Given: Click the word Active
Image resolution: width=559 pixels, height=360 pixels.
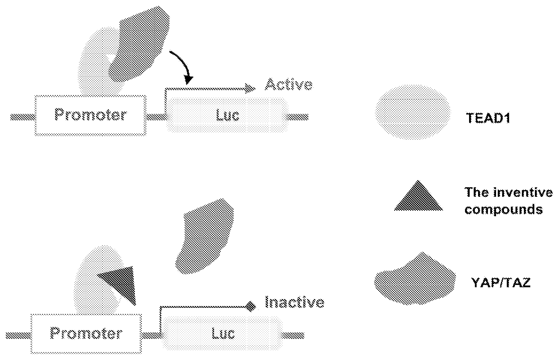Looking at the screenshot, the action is [289, 84].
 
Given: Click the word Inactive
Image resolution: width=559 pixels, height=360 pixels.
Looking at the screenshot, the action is [294, 302].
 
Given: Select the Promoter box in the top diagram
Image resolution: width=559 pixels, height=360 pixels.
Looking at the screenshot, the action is [90, 115].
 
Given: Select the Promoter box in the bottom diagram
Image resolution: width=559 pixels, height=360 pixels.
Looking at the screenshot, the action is [86, 334].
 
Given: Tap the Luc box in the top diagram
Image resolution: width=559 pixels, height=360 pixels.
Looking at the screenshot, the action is [227, 115].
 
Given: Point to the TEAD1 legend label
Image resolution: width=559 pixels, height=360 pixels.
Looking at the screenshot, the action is [488, 118].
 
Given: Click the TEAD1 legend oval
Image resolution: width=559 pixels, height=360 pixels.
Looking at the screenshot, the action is [413, 112].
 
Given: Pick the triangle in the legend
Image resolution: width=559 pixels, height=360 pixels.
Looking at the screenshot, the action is [418, 196].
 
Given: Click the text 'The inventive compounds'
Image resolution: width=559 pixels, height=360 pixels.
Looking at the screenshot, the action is [509, 200].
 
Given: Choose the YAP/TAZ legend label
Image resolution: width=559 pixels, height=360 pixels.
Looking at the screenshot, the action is [501, 283].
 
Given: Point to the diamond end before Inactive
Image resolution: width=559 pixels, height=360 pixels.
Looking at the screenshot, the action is [251, 306].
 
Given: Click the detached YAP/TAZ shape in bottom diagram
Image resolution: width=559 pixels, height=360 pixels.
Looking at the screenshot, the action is [205, 236].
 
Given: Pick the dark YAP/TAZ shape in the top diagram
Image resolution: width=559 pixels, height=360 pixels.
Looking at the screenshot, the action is [139, 43].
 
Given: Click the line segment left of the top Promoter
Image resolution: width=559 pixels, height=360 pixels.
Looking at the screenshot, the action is [23, 117].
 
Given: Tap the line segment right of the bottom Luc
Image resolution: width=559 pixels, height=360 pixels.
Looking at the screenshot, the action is [294, 335].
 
